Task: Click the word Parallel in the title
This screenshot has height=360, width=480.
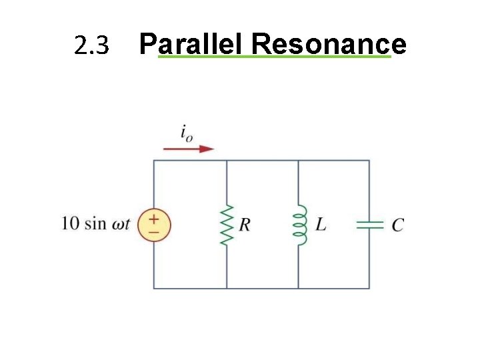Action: [193, 45]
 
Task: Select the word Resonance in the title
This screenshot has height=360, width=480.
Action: [329, 45]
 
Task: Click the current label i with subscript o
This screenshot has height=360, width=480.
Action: [187, 133]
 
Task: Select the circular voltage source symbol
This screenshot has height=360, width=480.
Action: [154, 225]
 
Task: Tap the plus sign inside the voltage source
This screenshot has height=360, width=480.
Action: [154, 218]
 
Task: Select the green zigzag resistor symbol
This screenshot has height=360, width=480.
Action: [227, 225]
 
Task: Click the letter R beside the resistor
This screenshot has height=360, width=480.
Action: [245, 225]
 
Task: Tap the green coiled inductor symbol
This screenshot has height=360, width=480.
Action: [299, 225]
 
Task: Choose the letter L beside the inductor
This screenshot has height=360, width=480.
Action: [321, 225]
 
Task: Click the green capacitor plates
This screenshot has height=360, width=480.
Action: [369, 225]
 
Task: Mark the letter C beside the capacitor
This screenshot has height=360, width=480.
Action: [397, 225]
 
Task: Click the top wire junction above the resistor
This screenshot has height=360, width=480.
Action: [227, 161]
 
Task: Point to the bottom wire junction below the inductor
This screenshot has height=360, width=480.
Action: [298, 289]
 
